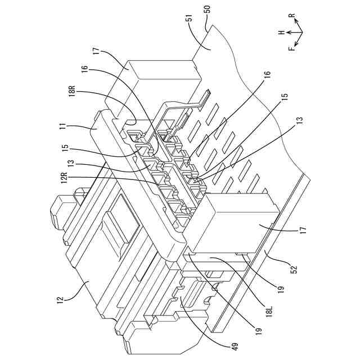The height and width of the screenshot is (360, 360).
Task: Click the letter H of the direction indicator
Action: click(x=282, y=33)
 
